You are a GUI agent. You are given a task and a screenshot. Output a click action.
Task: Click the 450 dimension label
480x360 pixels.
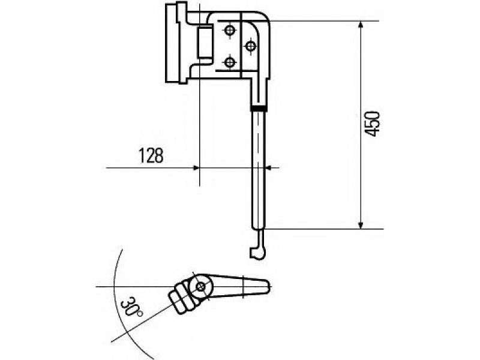click(373, 124)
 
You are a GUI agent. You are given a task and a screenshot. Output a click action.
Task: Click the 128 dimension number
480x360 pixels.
click(151, 155)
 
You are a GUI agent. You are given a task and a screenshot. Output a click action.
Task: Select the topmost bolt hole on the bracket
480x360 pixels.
click(230, 31)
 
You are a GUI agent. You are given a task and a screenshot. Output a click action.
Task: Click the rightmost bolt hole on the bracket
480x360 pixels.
click(251, 47)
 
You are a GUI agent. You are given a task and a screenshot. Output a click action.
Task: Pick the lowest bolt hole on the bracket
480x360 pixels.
click(230, 63)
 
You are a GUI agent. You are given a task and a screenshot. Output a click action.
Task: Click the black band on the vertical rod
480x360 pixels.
click(259, 108)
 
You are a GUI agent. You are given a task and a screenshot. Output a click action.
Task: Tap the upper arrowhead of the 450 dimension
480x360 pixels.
click(361, 25)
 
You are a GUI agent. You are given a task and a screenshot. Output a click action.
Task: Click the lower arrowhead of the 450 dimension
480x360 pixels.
click(361, 225)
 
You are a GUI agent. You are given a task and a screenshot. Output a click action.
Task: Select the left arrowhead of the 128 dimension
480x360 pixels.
click(196, 168)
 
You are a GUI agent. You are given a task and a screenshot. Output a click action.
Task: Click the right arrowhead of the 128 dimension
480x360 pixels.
click(269, 168)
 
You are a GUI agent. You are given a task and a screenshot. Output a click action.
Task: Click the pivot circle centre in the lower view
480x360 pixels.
click(200, 287)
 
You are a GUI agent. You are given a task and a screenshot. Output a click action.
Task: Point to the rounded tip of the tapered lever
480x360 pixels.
click(268, 286)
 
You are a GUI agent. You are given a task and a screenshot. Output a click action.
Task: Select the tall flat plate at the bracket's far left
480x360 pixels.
click(172, 43)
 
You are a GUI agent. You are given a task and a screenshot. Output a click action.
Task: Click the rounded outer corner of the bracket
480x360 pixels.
click(265, 16)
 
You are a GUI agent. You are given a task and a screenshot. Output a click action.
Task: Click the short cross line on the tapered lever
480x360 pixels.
click(244, 287)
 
